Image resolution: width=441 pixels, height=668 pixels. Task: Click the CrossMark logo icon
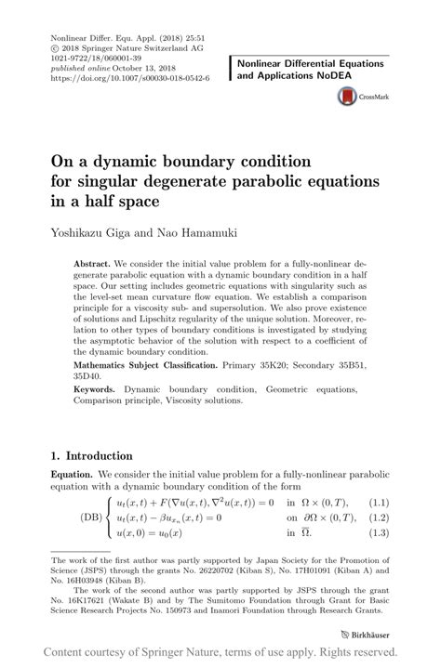pos(347,95)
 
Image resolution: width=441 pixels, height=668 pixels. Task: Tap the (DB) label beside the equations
pos(91,517)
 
